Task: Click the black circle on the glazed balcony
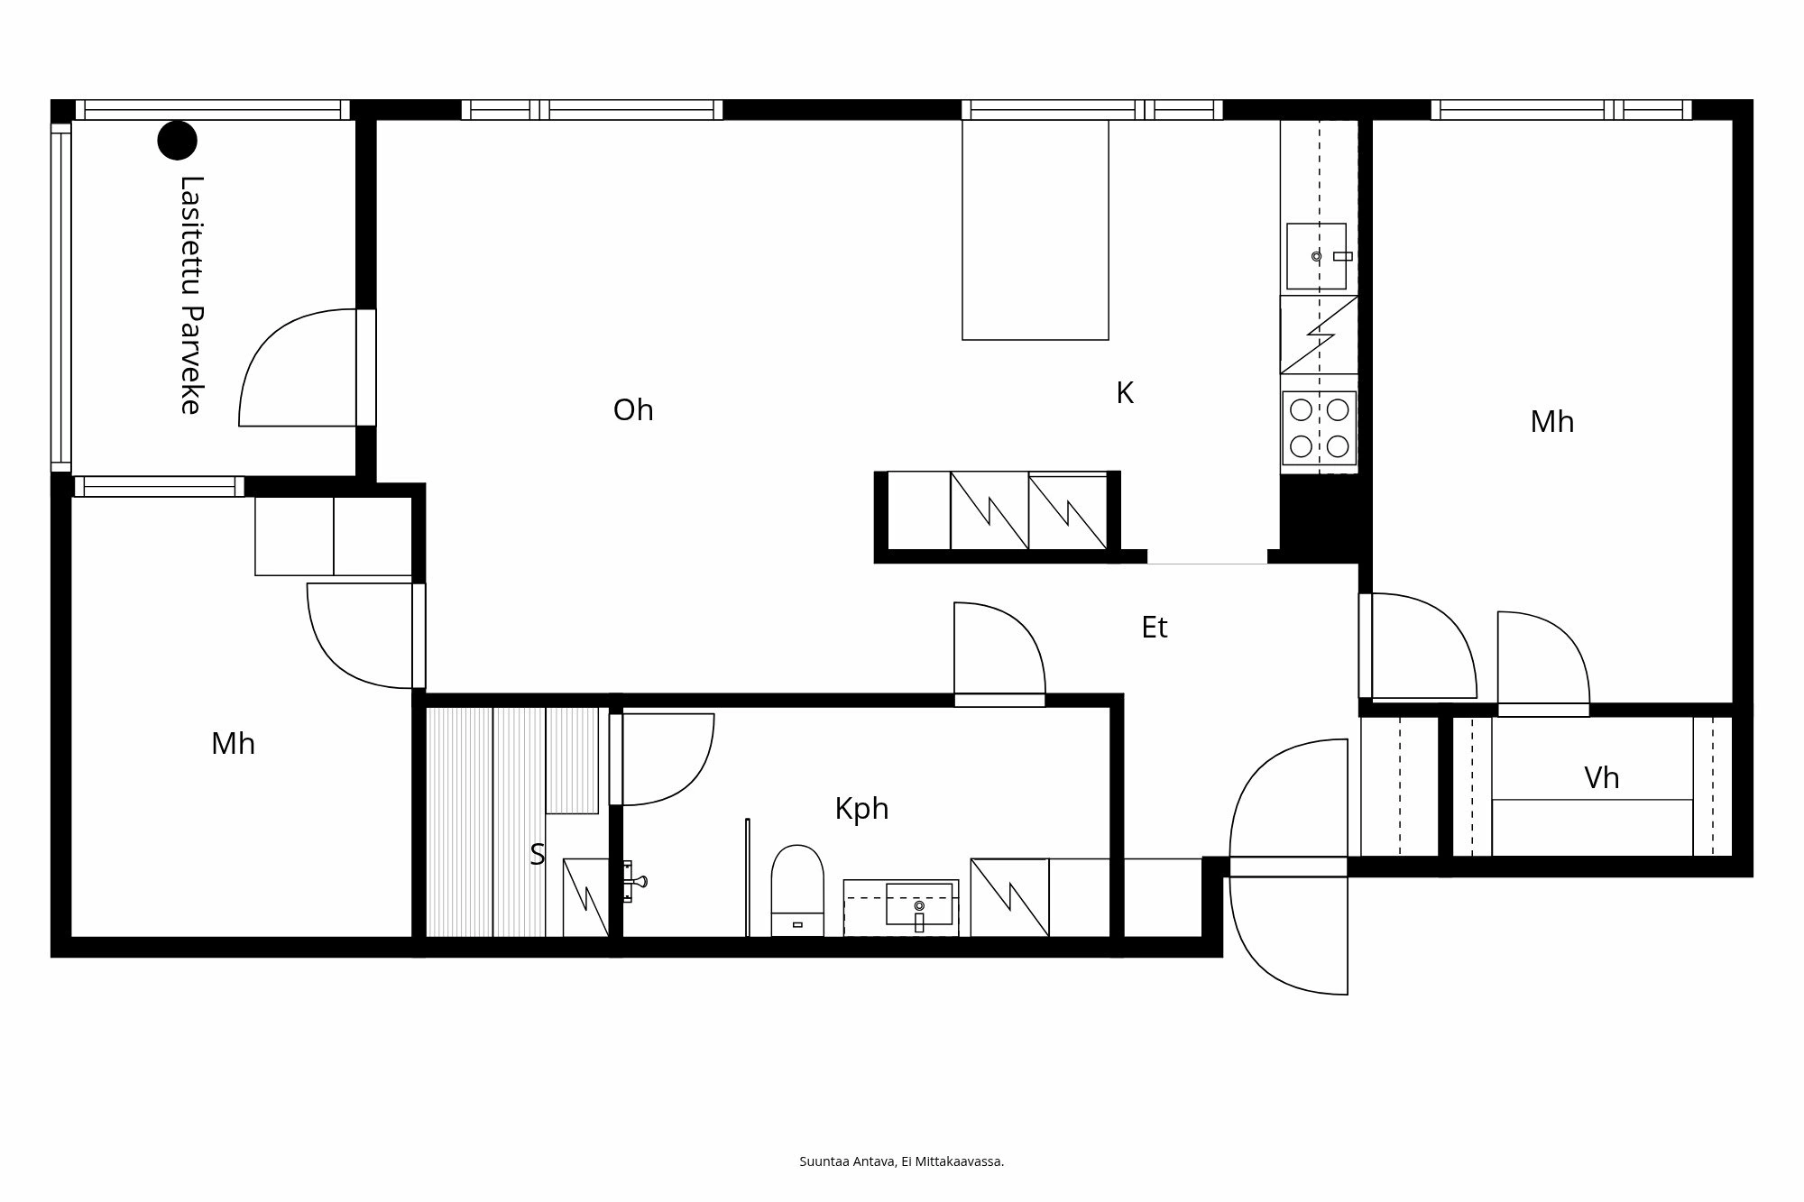pos(177,140)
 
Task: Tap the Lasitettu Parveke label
pos(190,295)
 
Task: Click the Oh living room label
pos(633,410)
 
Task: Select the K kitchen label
pos(1124,393)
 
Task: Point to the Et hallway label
pos(1155,628)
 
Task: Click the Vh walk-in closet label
pos(1601,778)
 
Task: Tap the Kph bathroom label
pos(861,809)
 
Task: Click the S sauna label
pos(538,854)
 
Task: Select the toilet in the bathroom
pos(797,888)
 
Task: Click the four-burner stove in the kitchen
pos(1319,428)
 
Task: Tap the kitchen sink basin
pos(1315,256)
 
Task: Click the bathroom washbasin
pos(918,904)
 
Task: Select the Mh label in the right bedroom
pos(1551,422)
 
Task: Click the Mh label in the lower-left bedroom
pos(233,744)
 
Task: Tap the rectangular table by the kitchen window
pos(1035,230)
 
